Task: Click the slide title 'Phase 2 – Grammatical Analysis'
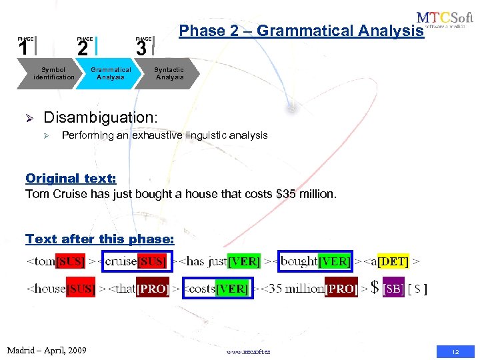pyautogui.click(x=301, y=31)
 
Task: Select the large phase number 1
pyautogui.click(x=23, y=48)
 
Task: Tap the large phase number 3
pyautogui.click(x=141, y=48)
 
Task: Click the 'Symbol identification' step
pyautogui.click(x=54, y=73)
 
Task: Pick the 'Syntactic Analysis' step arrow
pyautogui.click(x=169, y=73)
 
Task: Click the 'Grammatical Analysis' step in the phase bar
pyautogui.click(x=111, y=73)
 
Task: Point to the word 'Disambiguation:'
pyautogui.click(x=100, y=117)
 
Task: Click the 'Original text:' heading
pyautogui.click(x=71, y=178)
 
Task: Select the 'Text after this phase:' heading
pyautogui.click(x=99, y=239)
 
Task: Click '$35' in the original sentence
pyautogui.click(x=285, y=195)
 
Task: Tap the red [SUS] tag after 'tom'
pyautogui.click(x=71, y=261)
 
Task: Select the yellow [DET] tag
pyautogui.click(x=393, y=261)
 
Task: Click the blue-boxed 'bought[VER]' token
pyautogui.click(x=315, y=261)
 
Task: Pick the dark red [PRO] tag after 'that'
pyautogui.click(x=153, y=289)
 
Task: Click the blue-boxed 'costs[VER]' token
pyautogui.click(x=218, y=289)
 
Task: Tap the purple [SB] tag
pyautogui.click(x=393, y=289)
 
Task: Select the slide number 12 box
pyautogui.click(x=455, y=351)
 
